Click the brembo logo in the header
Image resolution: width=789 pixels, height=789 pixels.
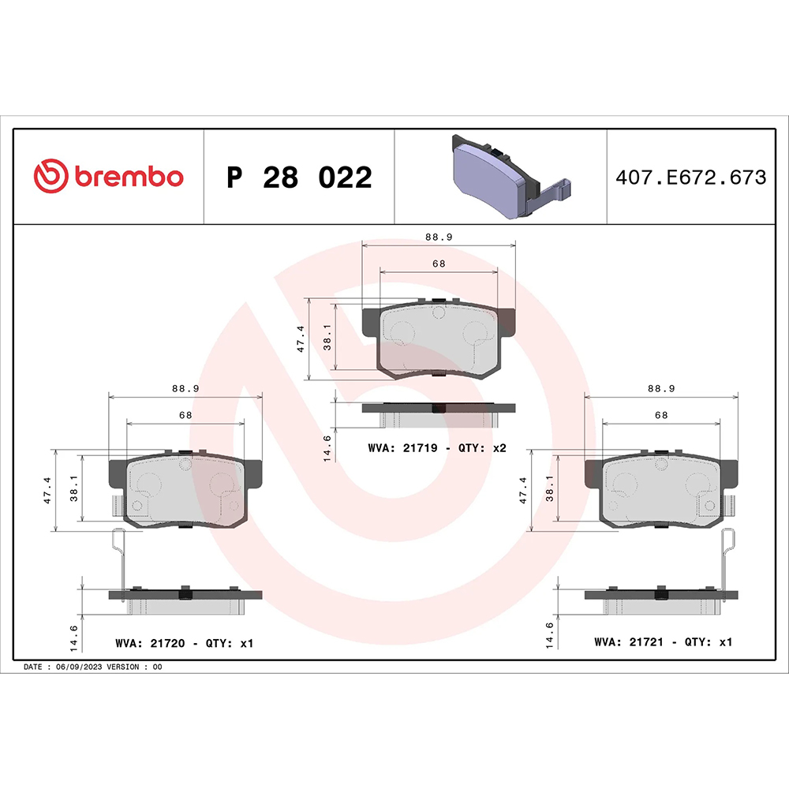[108, 177]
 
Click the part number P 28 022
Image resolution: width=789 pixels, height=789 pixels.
[298, 178]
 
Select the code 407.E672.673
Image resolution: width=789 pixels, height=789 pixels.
[690, 178]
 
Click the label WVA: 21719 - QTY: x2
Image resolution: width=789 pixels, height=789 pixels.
[436, 448]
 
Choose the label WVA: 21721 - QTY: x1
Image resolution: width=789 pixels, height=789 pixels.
[663, 642]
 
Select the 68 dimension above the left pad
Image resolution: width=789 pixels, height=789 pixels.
[185, 414]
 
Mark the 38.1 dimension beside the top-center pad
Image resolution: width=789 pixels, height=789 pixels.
[328, 338]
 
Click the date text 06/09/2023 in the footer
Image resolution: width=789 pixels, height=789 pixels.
[77, 667]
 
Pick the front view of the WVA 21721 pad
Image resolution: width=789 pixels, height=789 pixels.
[661, 492]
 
